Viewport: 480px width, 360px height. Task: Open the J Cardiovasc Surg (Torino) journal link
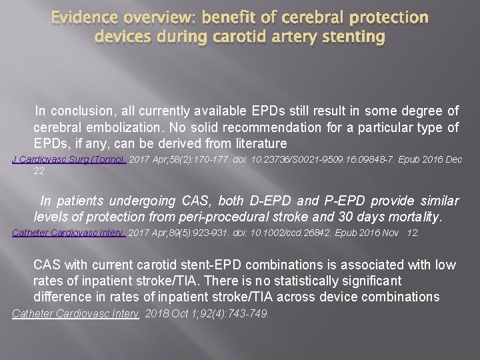tap(69, 160)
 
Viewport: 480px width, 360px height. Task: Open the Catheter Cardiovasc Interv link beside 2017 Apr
tap(69, 233)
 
